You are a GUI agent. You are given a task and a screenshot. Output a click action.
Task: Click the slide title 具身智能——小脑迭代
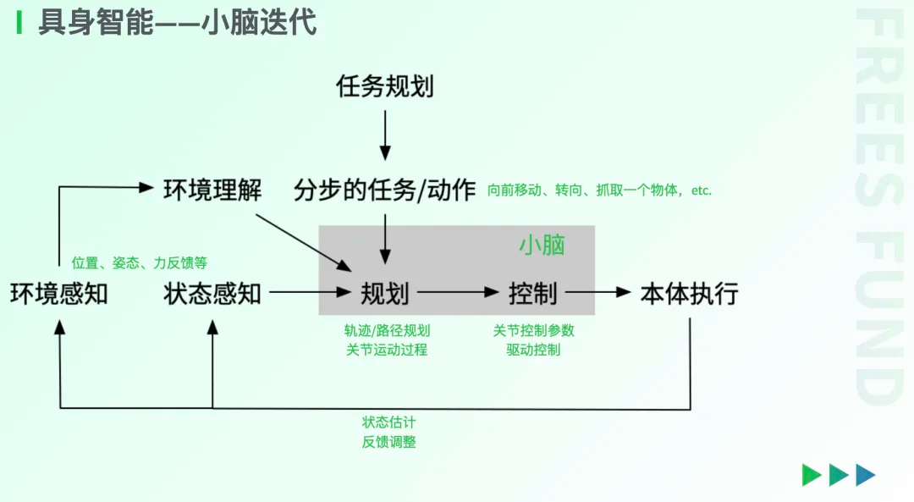tap(177, 23)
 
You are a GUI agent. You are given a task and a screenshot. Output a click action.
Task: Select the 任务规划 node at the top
tap(385, 86)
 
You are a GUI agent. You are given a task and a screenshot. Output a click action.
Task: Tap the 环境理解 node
tap(212, 190)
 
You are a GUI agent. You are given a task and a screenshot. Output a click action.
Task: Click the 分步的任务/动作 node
tap(385, 190)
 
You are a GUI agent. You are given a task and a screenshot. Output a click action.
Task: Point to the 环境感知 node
tap(59, 294)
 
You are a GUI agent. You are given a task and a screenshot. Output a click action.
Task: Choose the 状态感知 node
tap(212, 294)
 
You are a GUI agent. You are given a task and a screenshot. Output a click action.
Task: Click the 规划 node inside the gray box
tap(385, 294)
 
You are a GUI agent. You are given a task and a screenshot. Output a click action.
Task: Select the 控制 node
tap(533, 294)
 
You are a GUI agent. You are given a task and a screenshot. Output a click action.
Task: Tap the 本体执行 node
tap(690, 294)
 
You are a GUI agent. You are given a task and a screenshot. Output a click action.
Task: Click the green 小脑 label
tap(542, 245)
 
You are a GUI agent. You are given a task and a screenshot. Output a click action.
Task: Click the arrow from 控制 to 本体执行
tap(598, 293)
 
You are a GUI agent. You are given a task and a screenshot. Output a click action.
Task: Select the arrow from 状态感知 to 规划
tap(310, 293)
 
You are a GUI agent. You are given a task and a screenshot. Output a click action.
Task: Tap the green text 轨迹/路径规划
tap(387, 331)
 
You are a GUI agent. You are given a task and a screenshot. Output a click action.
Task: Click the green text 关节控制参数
tap(533, 331)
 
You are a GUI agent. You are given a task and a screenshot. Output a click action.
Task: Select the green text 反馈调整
tap(389, 442)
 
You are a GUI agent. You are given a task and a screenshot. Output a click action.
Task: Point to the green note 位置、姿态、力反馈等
tap(140, 262)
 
